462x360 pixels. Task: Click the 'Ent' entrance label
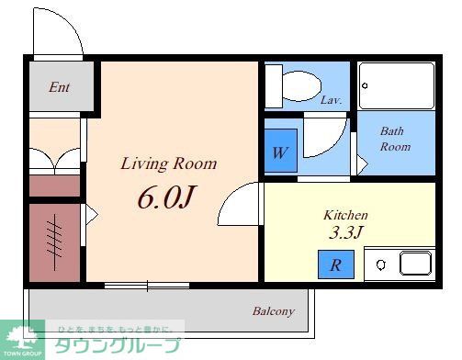tap(59, 87)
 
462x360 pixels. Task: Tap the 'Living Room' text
tap(169, 164)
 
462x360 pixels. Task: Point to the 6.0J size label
tap(168, 197)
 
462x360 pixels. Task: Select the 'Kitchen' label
tap(344, 215)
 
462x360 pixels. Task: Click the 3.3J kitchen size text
tap(346, 232)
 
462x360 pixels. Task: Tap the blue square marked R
tap(336, 265)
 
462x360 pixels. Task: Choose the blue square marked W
tap(279, 152)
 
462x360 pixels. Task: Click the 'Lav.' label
tap(332, 100)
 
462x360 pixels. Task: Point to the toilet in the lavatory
tap(288, 85)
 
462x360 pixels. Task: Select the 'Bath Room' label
tap(395, 139)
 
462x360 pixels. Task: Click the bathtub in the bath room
tap(396, 85)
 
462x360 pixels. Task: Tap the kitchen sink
tap(414, 264)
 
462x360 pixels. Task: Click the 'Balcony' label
tap(274, 311)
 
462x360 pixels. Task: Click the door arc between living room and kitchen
tap(239, 204)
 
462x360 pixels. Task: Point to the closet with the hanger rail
tap(53, 241)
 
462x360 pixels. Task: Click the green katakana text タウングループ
tap(117, 346)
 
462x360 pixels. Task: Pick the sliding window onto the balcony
tap(146, 286)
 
